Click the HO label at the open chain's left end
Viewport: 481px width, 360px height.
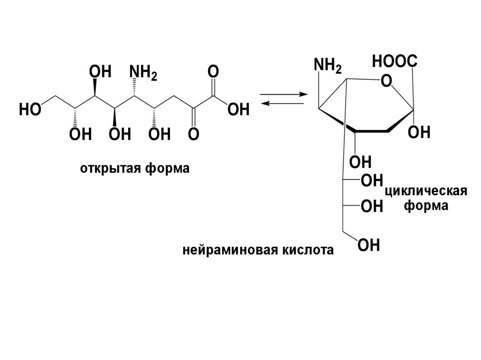29,110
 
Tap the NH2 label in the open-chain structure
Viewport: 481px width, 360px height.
143,73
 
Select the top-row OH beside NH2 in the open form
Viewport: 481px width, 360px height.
100,72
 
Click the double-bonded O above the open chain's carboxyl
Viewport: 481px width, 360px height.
213,72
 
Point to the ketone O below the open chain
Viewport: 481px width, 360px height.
194,135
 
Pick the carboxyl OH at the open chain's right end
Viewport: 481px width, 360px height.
238,110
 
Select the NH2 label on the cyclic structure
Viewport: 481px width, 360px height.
327,66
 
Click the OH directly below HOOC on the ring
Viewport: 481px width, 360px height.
419,133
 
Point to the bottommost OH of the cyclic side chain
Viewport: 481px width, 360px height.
369,245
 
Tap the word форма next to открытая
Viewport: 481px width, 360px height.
166,168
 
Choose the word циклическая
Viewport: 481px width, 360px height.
426,192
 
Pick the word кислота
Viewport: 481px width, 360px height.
308,250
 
